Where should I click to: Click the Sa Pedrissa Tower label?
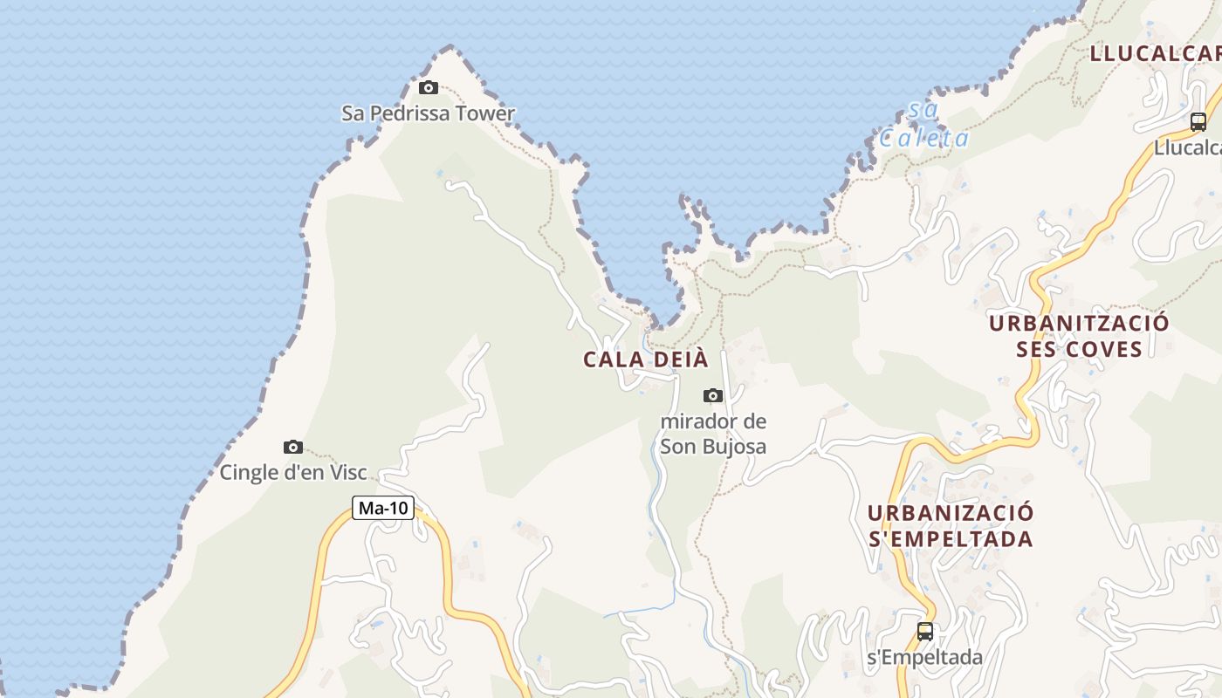click(428, 113)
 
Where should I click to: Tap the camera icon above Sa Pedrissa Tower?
click(428, 87)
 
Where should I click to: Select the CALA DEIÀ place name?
click(645, 359)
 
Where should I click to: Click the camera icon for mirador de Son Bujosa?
click(713, 395)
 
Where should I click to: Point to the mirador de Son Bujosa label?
click(713, 435)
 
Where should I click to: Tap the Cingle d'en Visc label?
click(293, 473)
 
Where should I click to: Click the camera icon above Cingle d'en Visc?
click(293, 448)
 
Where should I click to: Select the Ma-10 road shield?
click(383, 508)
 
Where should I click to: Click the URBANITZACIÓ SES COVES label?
click(1079, 336)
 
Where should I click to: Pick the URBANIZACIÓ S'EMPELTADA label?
click(951, 525)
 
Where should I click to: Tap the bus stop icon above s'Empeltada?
click(924, 631)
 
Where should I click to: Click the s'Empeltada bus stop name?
click(924, 658)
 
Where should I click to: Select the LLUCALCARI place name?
click(1155, 53)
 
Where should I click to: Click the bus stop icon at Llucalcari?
click(1198, 122)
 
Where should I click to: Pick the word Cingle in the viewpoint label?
click(247, 473)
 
